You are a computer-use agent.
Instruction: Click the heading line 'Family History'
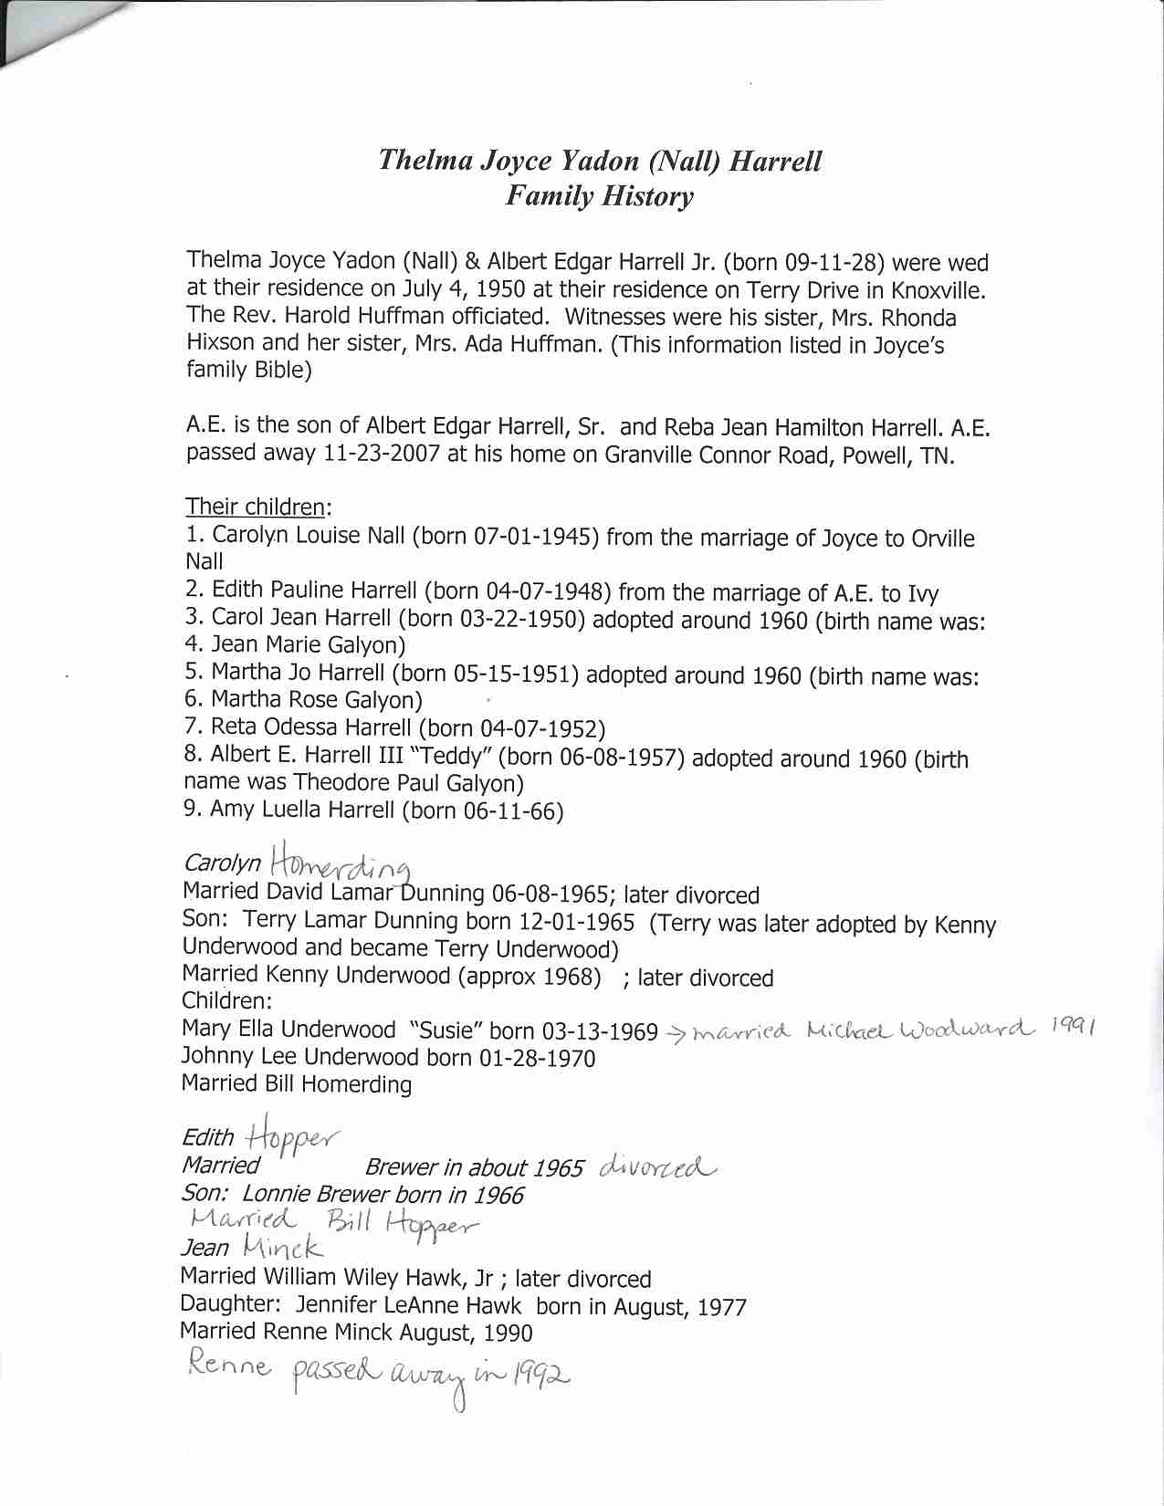click(600, 196)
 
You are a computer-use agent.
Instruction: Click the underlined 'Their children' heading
click(255, 507)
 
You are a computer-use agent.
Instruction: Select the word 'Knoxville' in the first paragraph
click(937, 291)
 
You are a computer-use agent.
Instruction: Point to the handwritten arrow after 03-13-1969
click(676, 1034)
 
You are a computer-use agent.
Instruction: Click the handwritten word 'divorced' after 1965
click(657, 1167)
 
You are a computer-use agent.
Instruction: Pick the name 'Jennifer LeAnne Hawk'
click(409, 1306)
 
